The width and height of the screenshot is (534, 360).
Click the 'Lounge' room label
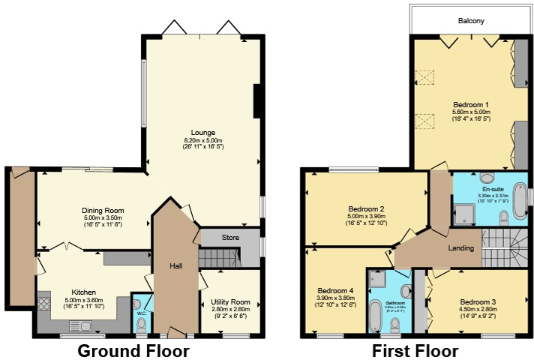click(202, 133)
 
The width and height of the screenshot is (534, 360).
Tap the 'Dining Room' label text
click(103, 211)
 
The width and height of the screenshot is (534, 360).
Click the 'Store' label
click(230, 238)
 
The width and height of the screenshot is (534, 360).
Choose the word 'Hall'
click(175, 266)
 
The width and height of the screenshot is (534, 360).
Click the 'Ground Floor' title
click(133, 350)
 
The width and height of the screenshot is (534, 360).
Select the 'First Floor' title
click(415, 350)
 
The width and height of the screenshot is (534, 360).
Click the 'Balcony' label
click(471, 21)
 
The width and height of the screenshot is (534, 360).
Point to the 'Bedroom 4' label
click(335, 290)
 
